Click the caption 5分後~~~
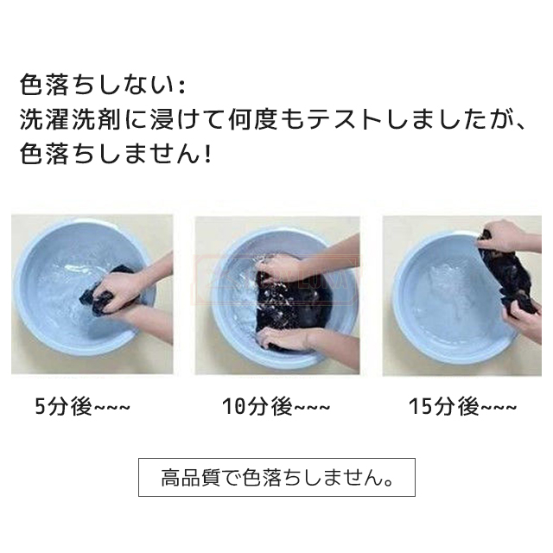coord(83,407)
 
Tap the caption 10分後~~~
coord(276,407)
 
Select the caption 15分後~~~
coord(463,407)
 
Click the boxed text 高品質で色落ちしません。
coord(276,478)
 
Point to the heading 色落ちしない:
coord(103,85)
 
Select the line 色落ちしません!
coord(116,154)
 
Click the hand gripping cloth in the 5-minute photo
coord(120,289)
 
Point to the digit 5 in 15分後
coord(426,407)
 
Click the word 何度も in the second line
coord(265,120)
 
